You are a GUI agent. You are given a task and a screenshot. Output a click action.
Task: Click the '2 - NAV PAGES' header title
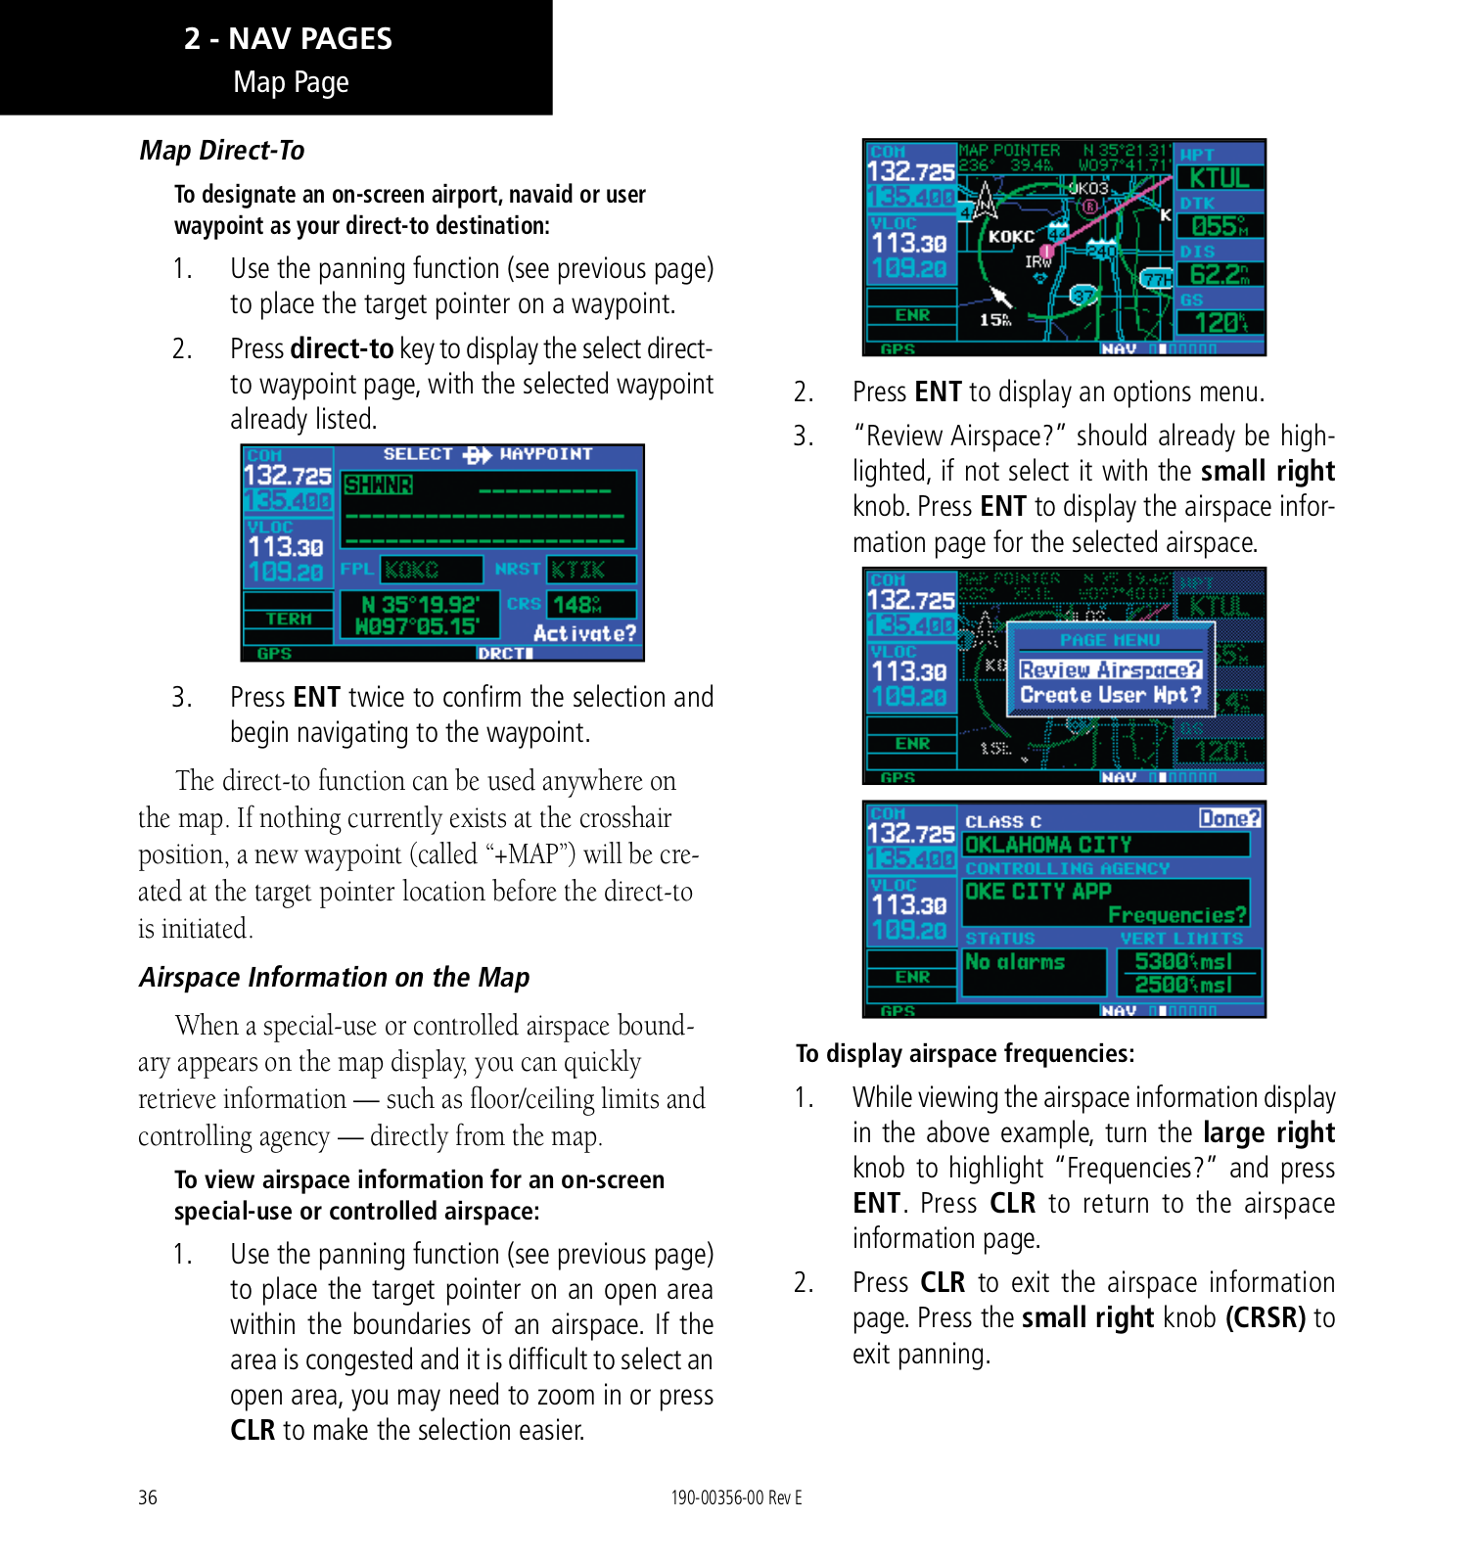click(288, 39)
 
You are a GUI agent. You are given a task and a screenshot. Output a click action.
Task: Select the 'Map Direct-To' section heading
click(222, 151)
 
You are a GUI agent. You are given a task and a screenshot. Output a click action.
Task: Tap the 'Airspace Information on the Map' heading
click(334, 978)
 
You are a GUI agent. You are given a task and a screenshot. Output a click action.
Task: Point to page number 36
click(148, 1497)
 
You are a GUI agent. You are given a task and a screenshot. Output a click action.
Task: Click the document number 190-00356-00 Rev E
click(736, 1497)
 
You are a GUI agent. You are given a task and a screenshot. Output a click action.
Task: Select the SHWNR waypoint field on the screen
click(379, 485)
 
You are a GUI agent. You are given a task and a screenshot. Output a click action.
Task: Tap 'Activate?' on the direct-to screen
click(584, 634)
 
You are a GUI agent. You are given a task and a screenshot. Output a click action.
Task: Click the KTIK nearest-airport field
click(578, 570)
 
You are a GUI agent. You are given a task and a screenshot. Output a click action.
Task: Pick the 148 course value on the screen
click(577, 605)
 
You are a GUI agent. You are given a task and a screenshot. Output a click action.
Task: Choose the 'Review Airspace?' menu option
click(1110, 669)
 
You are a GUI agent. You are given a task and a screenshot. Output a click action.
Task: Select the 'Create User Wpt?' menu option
click(1110, 695)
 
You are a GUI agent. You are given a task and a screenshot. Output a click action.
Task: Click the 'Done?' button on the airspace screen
click(1229, 818)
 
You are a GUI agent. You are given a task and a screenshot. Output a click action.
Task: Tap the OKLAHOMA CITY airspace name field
click(1048, 845)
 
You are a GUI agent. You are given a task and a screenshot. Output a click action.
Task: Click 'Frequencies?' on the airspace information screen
click(1177, 915)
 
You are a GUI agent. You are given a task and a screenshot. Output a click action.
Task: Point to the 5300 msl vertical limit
click(1183, 962)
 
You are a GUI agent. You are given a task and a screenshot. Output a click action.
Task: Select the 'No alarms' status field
click(1015, 962)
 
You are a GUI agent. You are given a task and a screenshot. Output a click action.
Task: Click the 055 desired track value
click(1220, 227)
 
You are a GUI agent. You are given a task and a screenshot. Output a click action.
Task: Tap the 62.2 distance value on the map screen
click(1220, 275)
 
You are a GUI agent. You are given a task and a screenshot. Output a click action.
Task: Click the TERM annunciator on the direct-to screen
click(289, 619)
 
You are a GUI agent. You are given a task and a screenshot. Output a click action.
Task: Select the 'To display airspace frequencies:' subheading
click(965, 1054)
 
